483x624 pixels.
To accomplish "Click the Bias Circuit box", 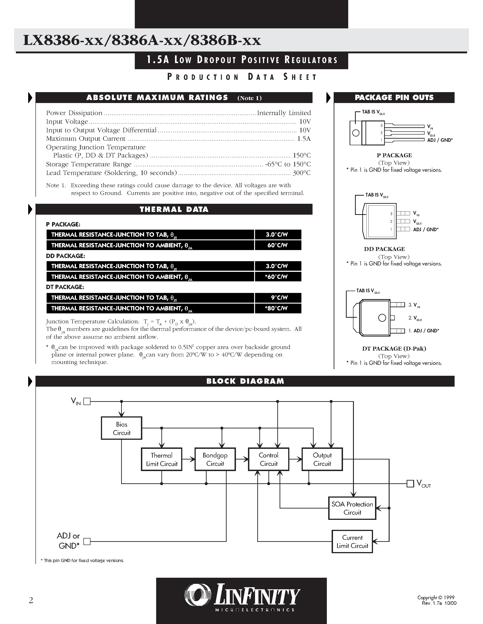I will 122,428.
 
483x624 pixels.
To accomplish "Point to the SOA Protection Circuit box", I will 352,508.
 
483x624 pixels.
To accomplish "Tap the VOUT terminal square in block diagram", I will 410,483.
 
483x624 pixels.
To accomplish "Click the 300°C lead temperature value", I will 302,173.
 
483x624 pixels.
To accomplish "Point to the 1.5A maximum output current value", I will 304,139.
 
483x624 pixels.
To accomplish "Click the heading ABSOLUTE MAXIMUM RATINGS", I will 157,98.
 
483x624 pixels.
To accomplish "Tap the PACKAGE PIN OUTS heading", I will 394,98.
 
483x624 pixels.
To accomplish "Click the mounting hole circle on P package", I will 356,133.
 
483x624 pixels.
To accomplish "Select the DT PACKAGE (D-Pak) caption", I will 394,349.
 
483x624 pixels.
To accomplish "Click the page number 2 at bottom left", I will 31,600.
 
